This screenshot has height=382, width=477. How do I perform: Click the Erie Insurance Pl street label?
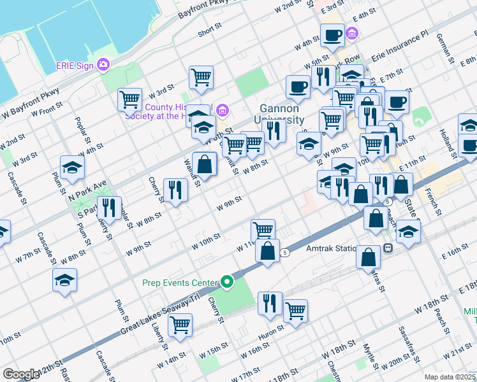click(400, 48)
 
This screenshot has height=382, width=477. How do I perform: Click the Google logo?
click(21, 374)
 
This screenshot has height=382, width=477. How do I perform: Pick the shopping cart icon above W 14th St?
click(180, 324)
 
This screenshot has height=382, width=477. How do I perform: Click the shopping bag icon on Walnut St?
click(205, 164)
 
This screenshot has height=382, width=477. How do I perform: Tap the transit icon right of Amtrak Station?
click(387, 248)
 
